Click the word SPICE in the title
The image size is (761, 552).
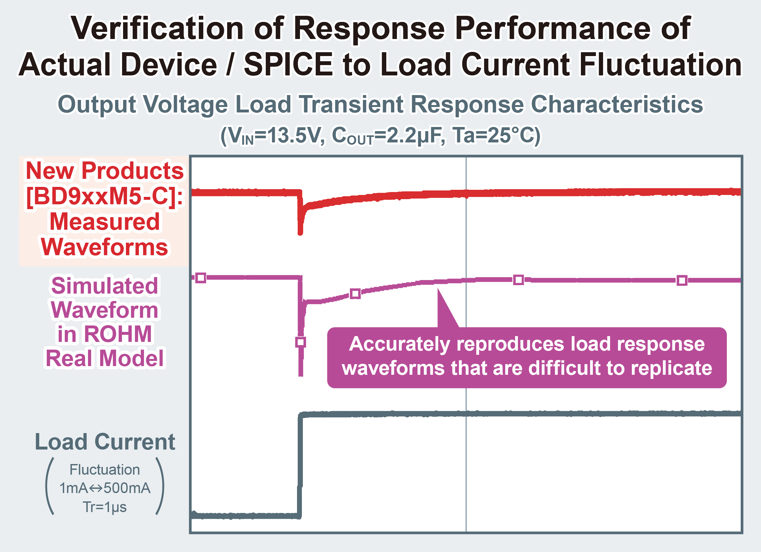click(x=288, y=64)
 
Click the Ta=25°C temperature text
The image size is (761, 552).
click(x=496, y=135)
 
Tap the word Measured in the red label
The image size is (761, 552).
click(x=105, y=222)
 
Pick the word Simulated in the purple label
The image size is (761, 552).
click(x=105, y=286)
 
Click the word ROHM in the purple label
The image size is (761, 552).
click(x=118, y=334)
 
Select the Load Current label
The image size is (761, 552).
click(x=105, y=442)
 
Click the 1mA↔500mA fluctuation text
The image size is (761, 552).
click(x=105, y=488)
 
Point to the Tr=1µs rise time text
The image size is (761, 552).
click(x=105, y=507)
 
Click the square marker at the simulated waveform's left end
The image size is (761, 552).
click(x=201, y=278)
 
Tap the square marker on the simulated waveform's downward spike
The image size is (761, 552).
click(x=301, y=342)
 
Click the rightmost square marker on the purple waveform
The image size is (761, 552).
click(x=682, y=281)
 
